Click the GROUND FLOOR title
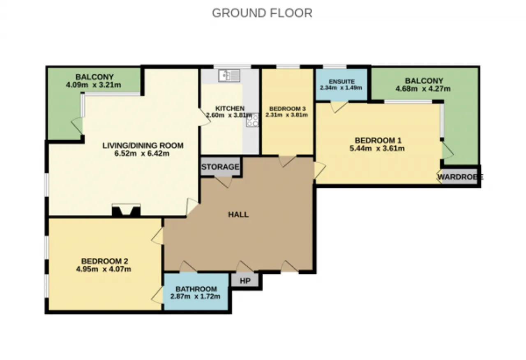click(x=262, y=13)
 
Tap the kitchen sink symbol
click(x=229, y=75)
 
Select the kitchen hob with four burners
click(x=252, y=120)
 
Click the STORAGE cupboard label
click(x=220, y=167)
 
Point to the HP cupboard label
click(x=245, y=281)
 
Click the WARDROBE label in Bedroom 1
click(x=460, y=177)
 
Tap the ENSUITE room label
click(x=341, y=81)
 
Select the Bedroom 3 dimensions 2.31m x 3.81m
click(x=286, y=115)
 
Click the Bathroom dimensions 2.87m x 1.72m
click(x=195, y=296)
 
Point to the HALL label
click(x=238, y=215)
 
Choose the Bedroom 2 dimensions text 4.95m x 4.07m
click(x=103, y=269)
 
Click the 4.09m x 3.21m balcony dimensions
click(x=93, y=85)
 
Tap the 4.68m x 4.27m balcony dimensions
click(x=423, y=89)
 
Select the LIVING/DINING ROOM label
click(x=143, y=145)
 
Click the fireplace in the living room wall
click(x=126, y=210)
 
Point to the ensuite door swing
click(x=339, y=107)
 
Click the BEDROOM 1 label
click(x=378, y=141)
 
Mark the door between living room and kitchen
click(x=204, y=117)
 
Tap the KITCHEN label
click(x=230, y=108)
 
